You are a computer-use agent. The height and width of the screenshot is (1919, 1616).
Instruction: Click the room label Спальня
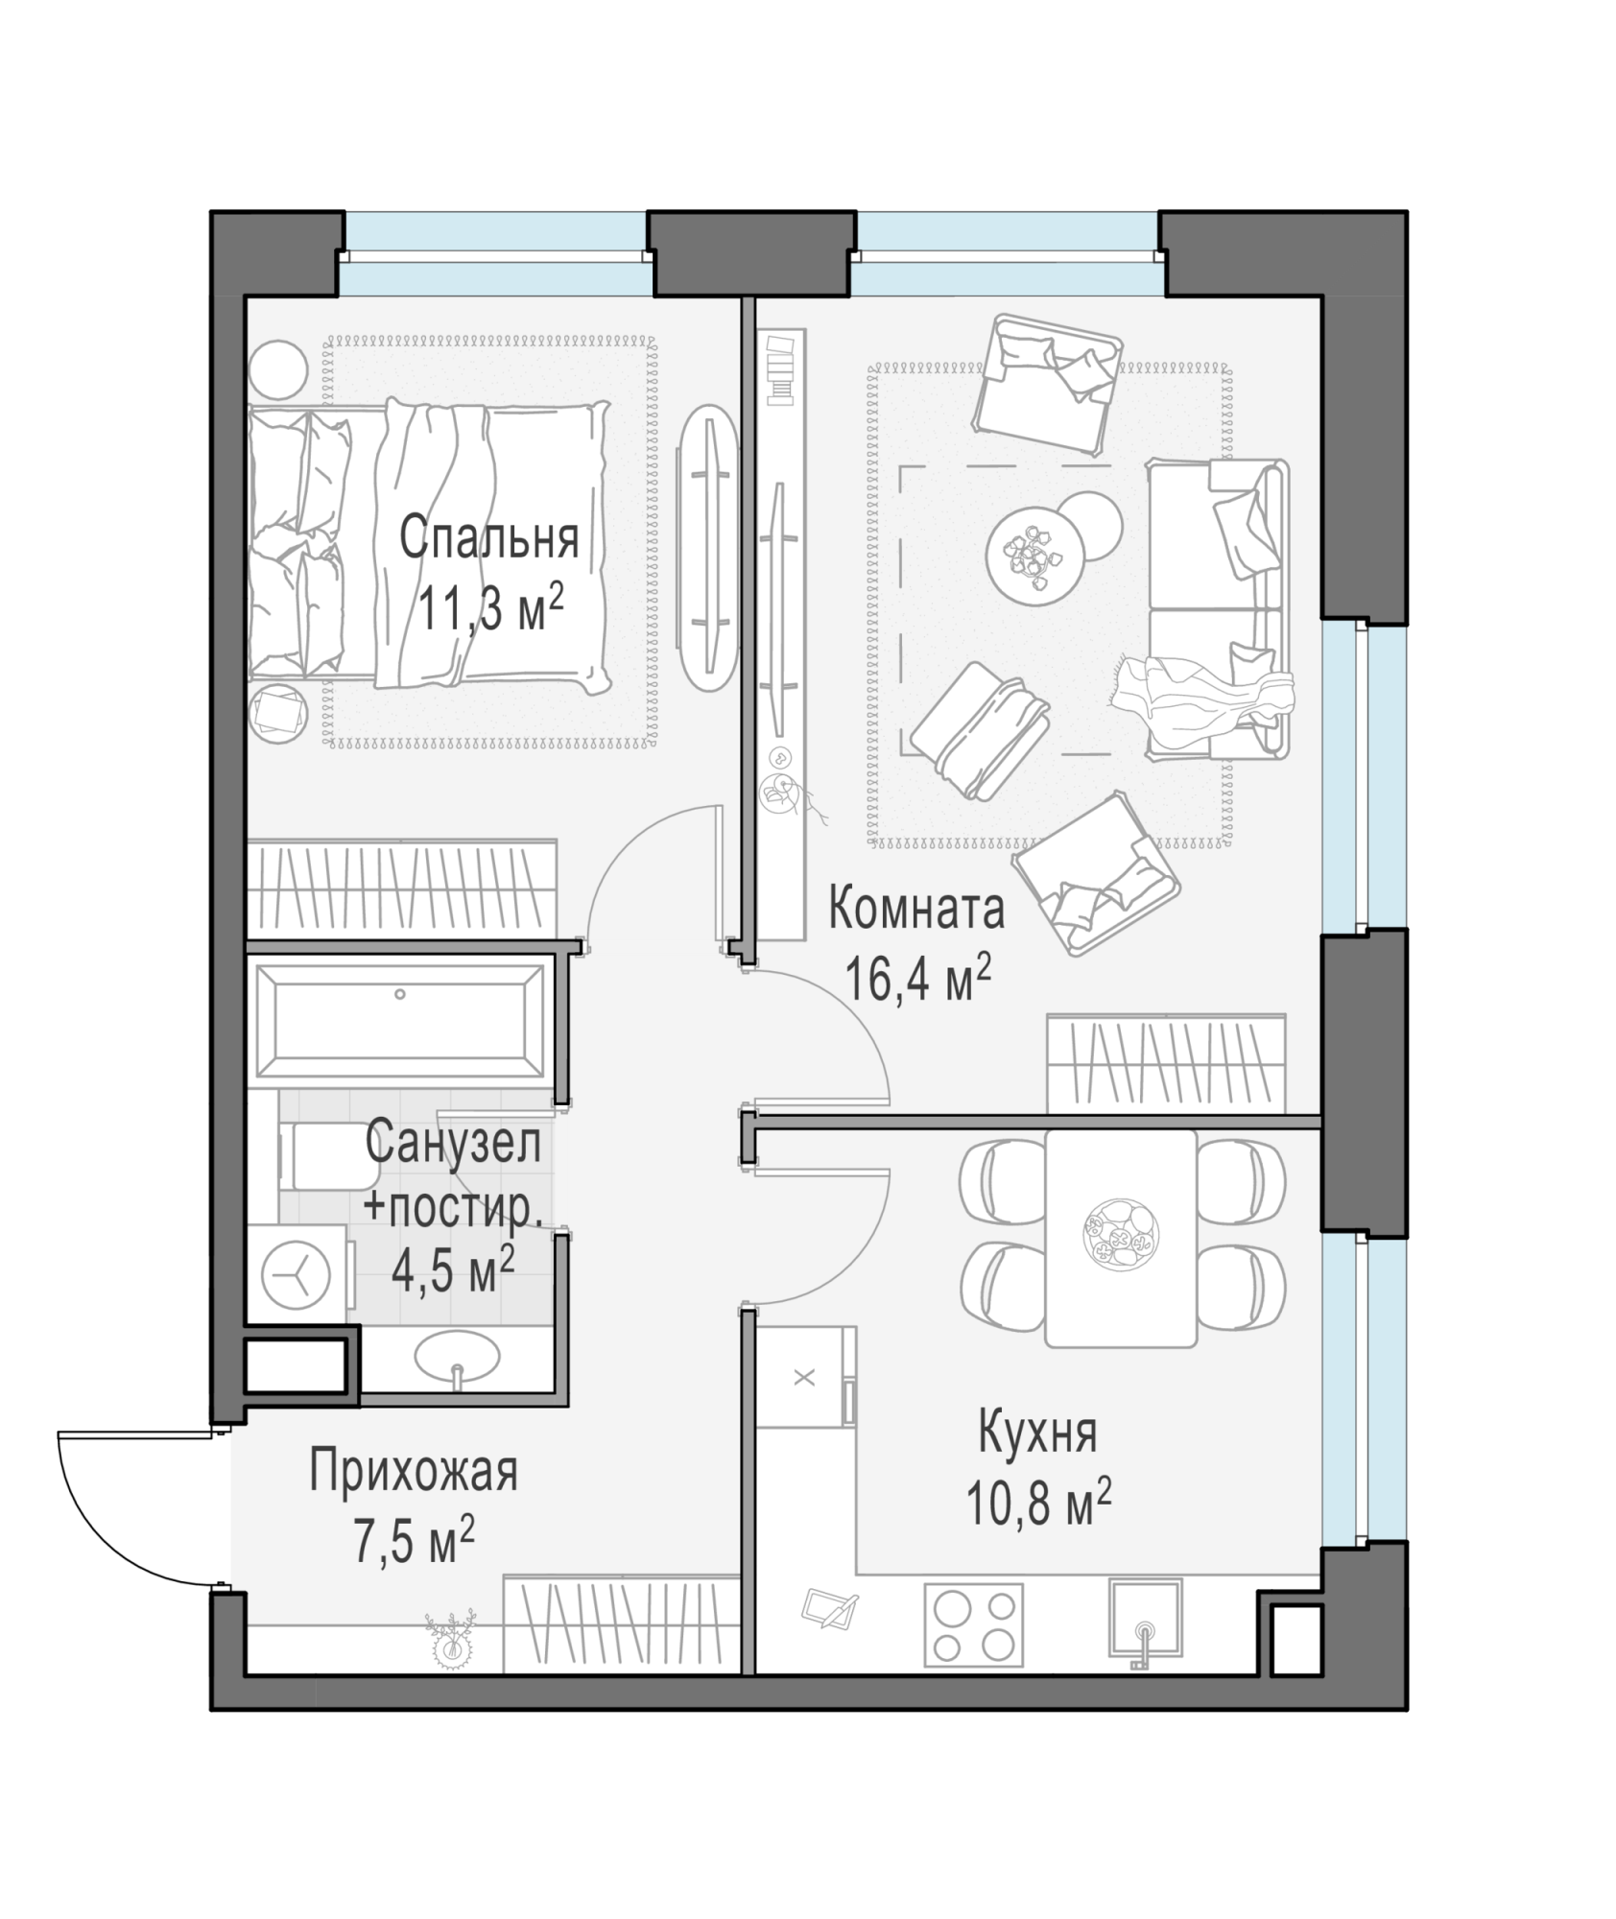pyautogui.click(x=488, y=538)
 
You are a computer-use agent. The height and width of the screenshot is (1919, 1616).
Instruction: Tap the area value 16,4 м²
pyautogui.click(x=917, y=980)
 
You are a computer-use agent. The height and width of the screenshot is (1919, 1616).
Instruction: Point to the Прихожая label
pyautogui.click(x=414, y=1472)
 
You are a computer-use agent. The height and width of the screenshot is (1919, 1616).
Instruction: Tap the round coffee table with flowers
pyautogui.click(x=1036, y=556)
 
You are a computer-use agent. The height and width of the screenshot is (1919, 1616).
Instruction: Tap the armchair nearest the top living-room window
pyautogui.click(x=1048, y=383)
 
